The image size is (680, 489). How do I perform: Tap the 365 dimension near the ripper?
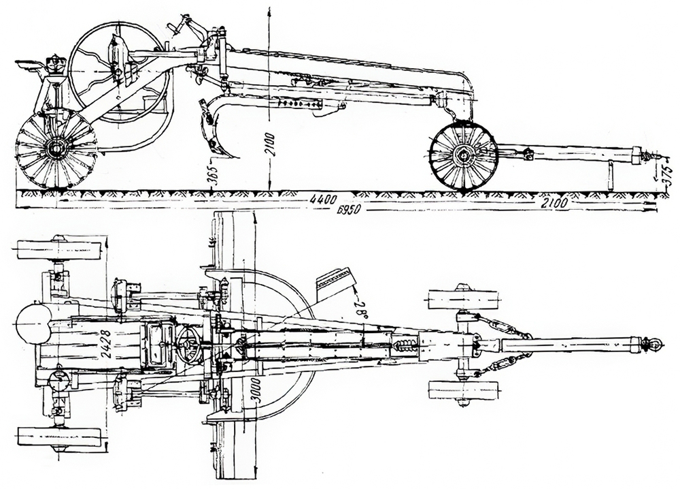coord(212,171)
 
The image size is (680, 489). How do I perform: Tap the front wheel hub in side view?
coord(464,156)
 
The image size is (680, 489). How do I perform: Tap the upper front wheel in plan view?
coord(463,300)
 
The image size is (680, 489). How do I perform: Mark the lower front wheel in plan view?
coord(462,391)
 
